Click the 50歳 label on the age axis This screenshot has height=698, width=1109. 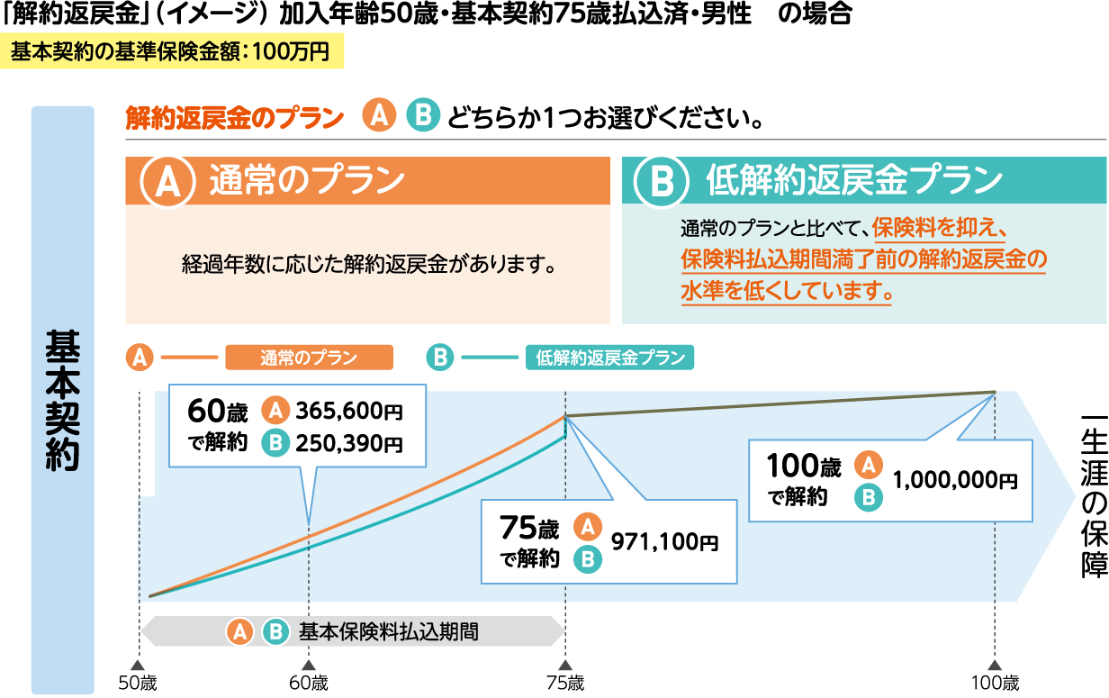click(x=138, y=683)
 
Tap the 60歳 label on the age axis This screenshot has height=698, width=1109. click(x=309, y=683)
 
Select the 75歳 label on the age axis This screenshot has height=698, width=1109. click(x=564, y=683)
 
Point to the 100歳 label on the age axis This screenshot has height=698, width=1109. click(x=996, y=683)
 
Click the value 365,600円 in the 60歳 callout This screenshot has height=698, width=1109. click(x=349, y=411)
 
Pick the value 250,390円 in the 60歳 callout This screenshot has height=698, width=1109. click(x=349, y=442)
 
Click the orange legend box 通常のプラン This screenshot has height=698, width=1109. click(x=309, y=358)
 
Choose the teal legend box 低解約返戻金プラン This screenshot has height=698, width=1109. click(x=609, y=358)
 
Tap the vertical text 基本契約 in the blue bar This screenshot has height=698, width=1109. click(x=62, y=400)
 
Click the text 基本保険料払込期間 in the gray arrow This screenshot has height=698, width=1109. click(x=389, y=631)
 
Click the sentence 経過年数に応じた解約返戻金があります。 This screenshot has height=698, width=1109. click(x=366, y=265)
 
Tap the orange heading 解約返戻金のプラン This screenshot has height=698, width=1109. click(x=235, y=117)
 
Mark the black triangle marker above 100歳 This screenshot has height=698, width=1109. click(x=996, y=665)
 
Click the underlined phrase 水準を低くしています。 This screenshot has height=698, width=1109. click(x=788, y=292)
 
